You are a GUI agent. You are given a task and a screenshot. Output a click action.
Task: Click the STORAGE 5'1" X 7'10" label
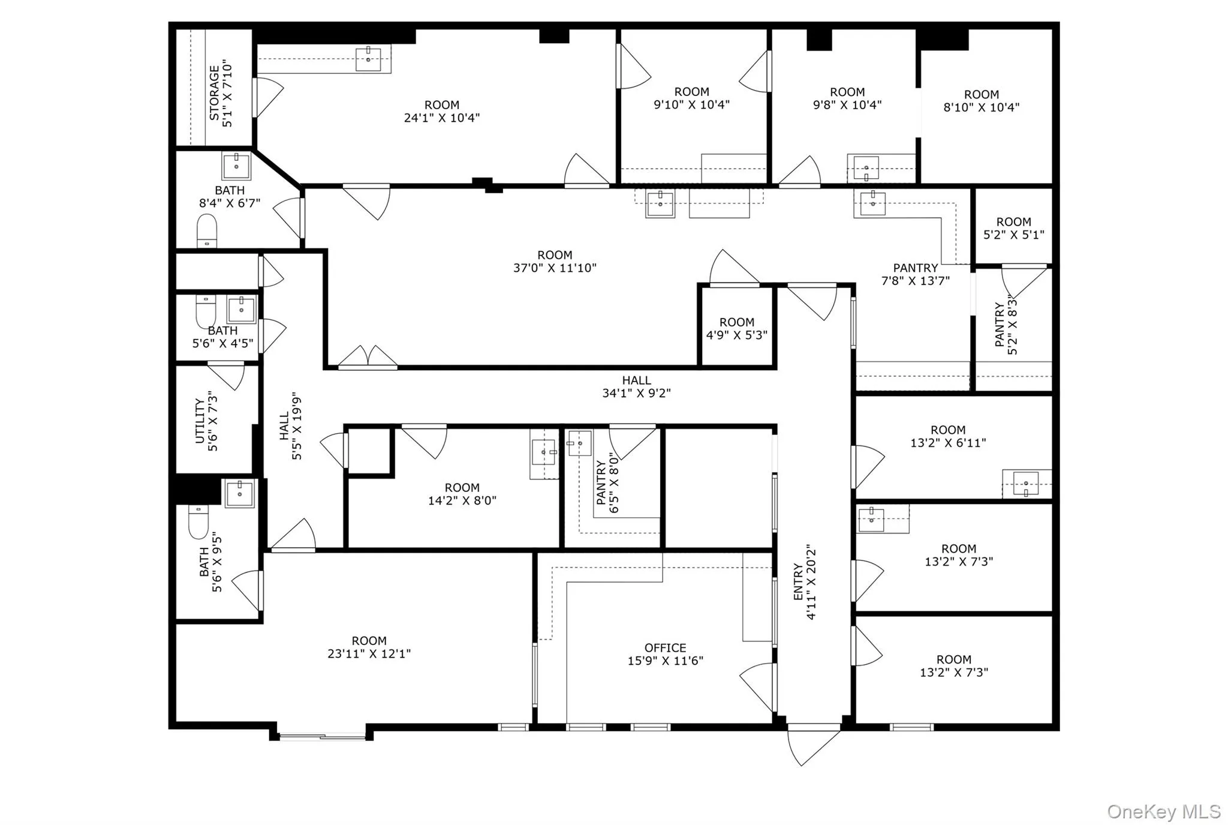219,93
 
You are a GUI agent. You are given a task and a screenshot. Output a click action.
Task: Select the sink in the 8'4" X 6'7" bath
236,165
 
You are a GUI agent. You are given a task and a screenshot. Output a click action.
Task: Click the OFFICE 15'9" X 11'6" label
665,654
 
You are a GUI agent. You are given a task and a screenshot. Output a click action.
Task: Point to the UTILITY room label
206,421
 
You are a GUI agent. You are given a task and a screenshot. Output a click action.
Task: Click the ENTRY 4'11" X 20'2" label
804,582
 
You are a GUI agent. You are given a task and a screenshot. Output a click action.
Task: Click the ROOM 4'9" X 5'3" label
736,328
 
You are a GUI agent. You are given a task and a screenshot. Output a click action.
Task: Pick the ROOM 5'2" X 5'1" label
1013,228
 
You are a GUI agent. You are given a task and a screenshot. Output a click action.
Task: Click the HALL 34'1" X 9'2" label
636,386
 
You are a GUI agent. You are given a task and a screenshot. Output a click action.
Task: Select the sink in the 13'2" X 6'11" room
1026,483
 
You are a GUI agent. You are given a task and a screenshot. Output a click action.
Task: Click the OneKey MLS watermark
1163,812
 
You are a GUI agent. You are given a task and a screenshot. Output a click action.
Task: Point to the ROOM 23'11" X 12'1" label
369,647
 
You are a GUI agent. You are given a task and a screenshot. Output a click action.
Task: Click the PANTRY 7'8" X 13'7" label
915,274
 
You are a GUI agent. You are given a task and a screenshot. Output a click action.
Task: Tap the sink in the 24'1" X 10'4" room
368,59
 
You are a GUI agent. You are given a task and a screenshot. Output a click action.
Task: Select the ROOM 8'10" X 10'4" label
981,101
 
